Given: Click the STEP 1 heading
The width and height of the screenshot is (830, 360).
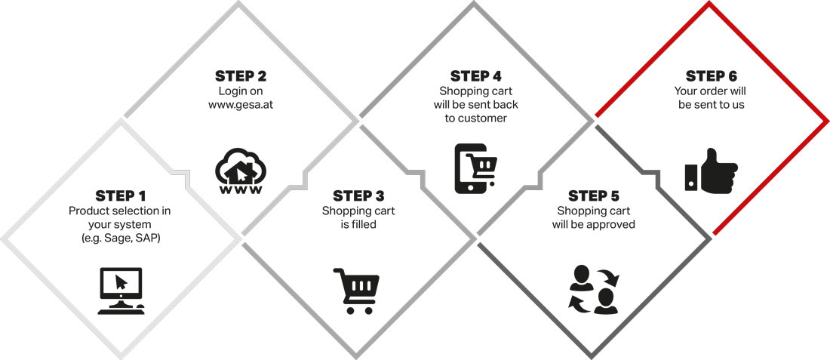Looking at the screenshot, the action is click(121, 196).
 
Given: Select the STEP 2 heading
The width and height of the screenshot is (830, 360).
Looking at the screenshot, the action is click(241, 76).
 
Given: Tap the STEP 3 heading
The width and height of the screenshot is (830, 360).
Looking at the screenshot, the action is click(358, 196).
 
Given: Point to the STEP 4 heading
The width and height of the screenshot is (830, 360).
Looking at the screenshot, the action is click(476, 76).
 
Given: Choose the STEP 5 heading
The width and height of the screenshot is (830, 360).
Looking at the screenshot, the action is click(593, 196).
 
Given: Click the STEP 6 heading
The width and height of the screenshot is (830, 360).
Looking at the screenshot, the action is click(711, 76).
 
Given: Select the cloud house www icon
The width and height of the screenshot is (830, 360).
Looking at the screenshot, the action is click(240, 171).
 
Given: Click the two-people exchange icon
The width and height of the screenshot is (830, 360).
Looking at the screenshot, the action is click(594, 290).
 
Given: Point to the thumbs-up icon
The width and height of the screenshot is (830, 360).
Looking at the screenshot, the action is click(712, 171).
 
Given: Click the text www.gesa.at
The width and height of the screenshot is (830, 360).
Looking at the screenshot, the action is click(241, 105).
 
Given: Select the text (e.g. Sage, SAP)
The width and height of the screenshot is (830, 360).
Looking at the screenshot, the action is click(121, 238).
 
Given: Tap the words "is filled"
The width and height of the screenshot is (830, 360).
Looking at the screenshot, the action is click(358, 224).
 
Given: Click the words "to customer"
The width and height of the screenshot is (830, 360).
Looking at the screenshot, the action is click(476, 118).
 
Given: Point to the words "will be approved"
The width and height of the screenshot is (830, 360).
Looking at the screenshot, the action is click(593, 224).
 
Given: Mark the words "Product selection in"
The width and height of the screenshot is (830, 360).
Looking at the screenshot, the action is click(120, 211).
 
